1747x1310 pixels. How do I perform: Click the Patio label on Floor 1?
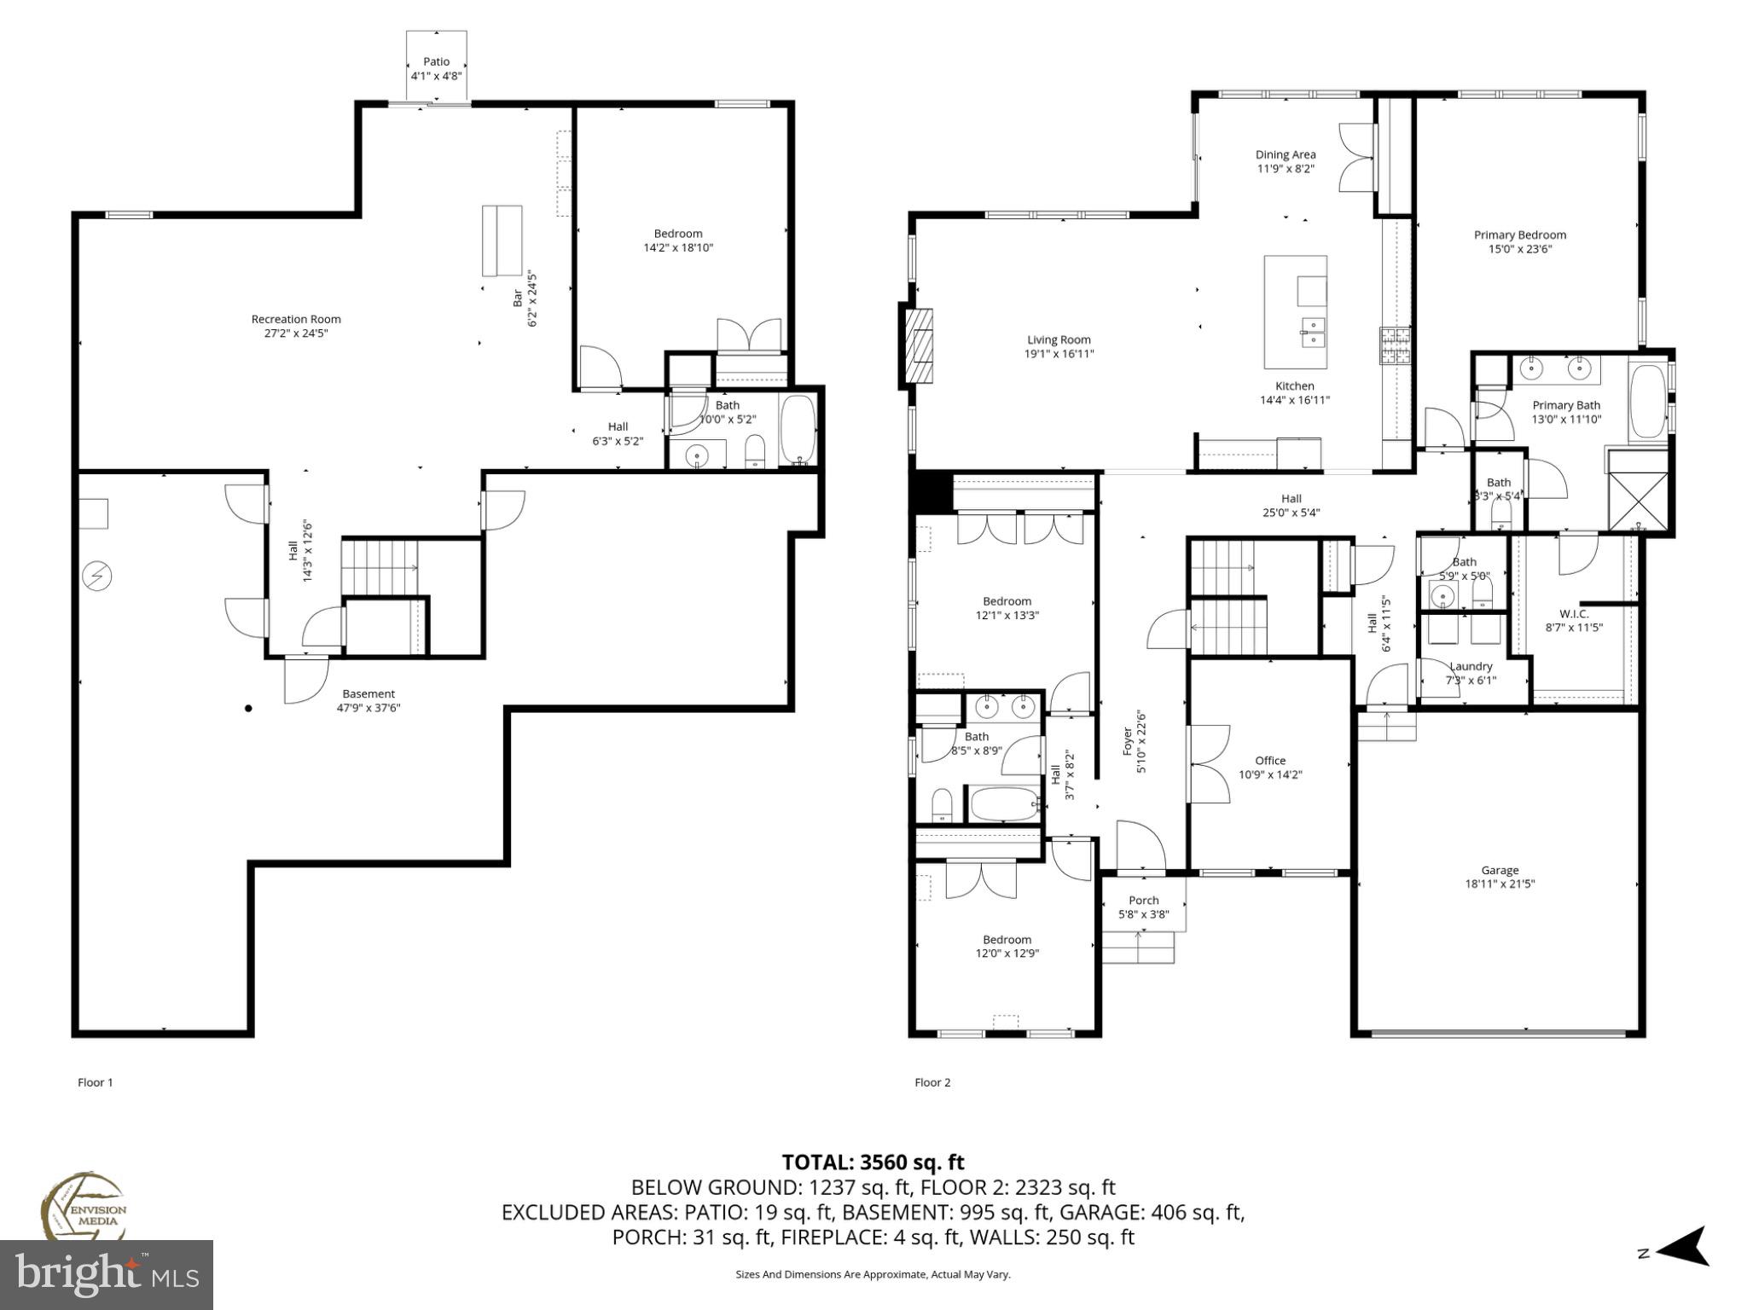[436, 61]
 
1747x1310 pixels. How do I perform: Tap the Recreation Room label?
[296, 319]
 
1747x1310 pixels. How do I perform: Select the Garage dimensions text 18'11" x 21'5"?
[1500, 884]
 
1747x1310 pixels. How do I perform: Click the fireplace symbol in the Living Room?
[918, 347]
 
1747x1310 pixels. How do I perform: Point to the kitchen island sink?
[1312, 333]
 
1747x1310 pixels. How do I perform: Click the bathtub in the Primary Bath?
[1647, 402]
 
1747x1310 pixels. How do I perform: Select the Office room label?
[1270, 761]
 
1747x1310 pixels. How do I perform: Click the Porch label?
[1143, 900]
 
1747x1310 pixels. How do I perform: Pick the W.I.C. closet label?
[1574, 613]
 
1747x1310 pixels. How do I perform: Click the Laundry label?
[1471, 666]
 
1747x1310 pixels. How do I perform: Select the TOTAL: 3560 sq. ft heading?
[873, 1162]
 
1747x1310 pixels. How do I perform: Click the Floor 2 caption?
[932, 1082]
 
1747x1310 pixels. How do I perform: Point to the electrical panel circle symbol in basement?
[96, 577]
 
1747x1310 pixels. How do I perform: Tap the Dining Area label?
[1285, 154]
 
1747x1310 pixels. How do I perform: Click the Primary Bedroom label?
[1520, 235]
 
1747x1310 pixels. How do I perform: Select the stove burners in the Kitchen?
[1396, 345]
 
